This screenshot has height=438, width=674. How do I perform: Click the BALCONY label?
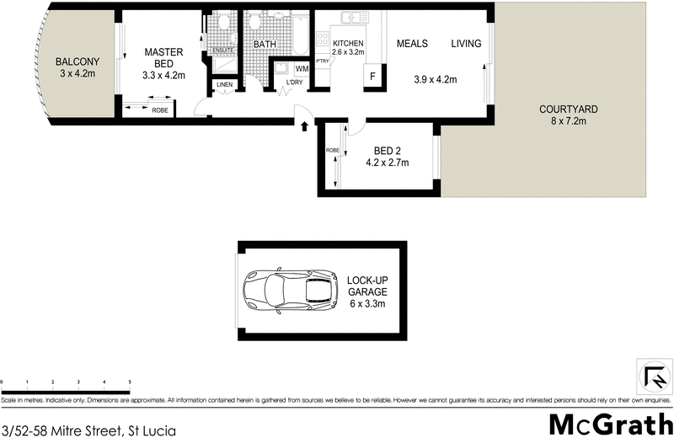(x=78, y=61)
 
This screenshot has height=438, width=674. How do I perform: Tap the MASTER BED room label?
(x=163, y=51)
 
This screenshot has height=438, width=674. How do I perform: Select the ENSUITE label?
(x=222, y=50)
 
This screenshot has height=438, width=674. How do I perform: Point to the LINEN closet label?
(x=224, y=84)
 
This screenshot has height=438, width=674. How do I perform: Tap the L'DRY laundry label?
(x=294, y=82)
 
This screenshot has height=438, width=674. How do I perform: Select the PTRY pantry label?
(x=322, y=61)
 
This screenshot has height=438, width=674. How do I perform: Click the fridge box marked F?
(x=371, y=76)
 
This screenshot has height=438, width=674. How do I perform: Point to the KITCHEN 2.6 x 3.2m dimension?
(x=348, y=51)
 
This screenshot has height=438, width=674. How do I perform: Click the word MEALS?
(x=413, y=44)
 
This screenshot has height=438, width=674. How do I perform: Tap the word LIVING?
(x=465, y=44)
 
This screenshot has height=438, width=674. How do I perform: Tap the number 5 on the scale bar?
(x=130, y=382)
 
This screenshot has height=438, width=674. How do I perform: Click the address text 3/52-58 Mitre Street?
(x=89, y=431)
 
